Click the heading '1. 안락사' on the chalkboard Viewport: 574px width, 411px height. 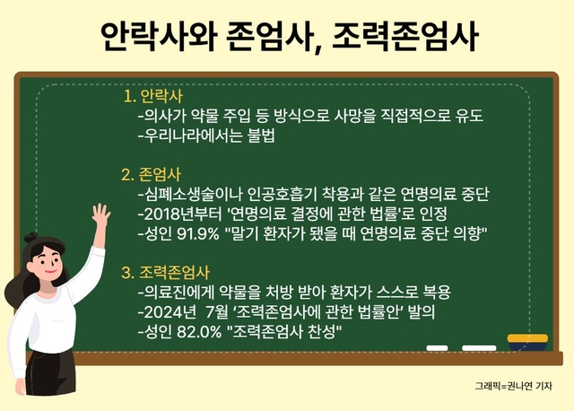coord(153,96)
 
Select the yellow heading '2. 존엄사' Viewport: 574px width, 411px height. coord(152,175)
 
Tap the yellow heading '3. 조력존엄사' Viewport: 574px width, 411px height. coord(165,273)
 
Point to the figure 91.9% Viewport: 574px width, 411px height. coord(197,233)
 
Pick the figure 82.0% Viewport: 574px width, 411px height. coord(199,332)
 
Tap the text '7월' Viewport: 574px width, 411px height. coord(217,312)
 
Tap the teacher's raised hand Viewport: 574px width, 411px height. coord(100,215)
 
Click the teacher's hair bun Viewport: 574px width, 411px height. coord(31,238)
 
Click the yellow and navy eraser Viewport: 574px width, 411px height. coord(527,342)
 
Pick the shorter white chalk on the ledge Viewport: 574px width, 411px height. coord(437,348)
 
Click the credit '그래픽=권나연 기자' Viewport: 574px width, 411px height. coord(513,386)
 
